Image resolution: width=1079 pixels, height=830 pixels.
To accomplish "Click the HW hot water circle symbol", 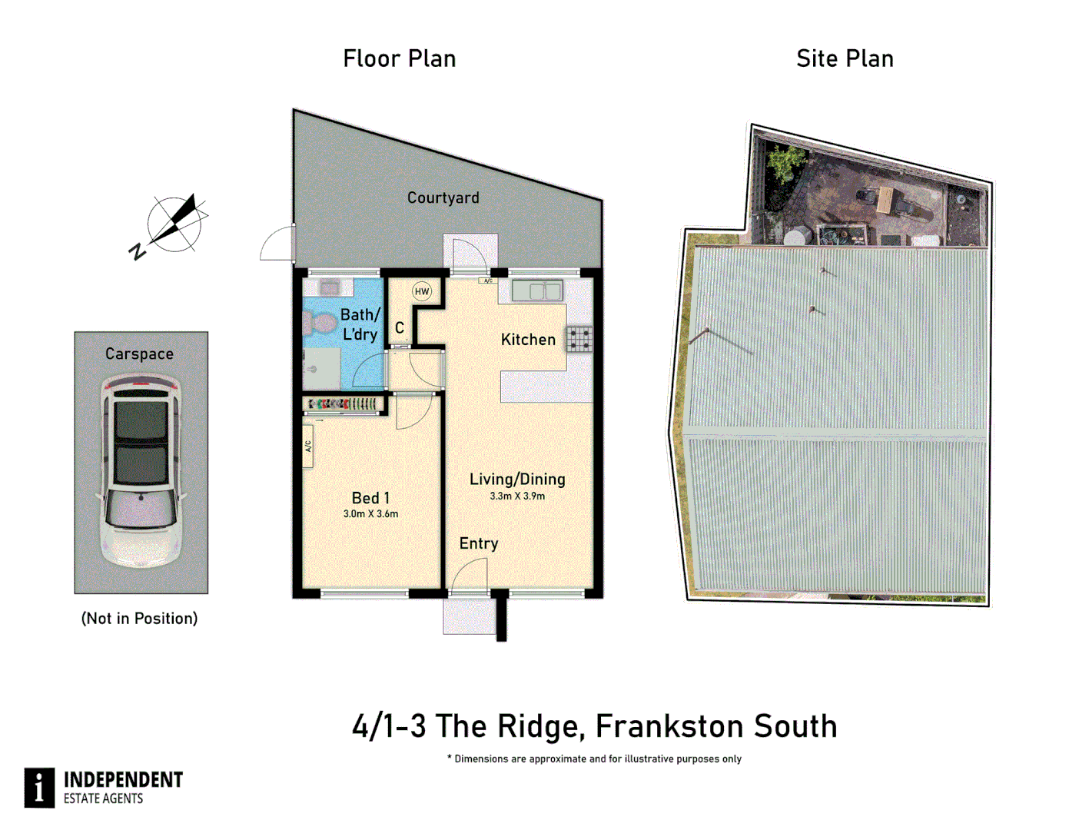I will coord(421,291).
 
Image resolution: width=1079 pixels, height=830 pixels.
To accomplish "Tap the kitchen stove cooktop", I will coord(579,339).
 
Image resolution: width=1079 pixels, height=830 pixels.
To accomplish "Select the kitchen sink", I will coord(537,290).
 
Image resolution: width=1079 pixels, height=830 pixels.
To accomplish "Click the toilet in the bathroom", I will coord(317,324).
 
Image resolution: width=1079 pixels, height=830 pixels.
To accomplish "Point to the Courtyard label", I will coord(443,198).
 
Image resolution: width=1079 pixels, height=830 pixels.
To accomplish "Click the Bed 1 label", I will coord(370,498).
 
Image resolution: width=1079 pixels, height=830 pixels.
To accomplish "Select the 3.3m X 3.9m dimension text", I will coord(517,496).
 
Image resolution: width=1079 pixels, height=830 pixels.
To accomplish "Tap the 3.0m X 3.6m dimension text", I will coord(370,514).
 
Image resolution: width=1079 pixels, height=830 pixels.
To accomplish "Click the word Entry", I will coord(479,544).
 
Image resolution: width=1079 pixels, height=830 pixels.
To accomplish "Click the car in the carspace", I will coord(141,470).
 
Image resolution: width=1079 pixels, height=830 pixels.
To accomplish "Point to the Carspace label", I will coord(139,354).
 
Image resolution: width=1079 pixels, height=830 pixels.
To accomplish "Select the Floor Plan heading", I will coord(399,58).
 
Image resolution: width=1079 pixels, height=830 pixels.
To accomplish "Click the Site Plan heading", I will coord(845,58).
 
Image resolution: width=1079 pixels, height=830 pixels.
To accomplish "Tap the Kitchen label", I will coord(528,340).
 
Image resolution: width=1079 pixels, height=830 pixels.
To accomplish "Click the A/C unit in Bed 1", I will coord(307,446).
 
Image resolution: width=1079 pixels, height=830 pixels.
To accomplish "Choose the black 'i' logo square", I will coord(39,787).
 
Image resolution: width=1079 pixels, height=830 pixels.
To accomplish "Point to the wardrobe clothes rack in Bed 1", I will coord(343,403).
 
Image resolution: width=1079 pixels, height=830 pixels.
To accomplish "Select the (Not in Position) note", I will coord(139,619).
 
